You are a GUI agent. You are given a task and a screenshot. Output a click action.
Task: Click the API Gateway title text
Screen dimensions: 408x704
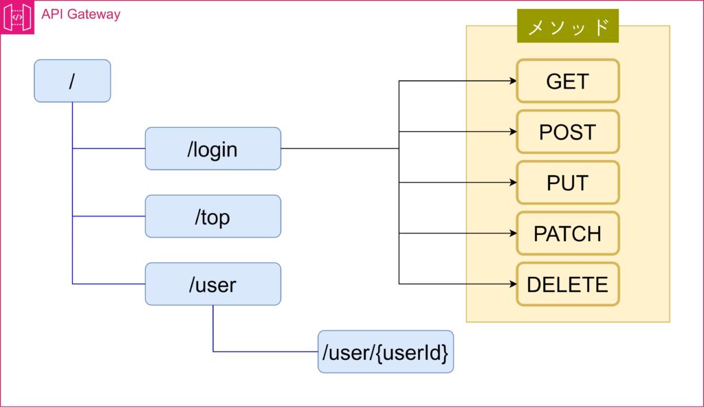pos(80,14)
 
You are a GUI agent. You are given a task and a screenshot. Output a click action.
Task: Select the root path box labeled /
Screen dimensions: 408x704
pos(72,81)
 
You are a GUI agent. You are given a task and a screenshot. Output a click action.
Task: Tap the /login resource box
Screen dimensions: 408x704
pos(212,148)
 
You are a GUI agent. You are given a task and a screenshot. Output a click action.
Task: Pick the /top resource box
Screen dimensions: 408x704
pos(212,216)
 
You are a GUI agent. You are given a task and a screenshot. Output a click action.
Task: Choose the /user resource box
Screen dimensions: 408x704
pos(212,284)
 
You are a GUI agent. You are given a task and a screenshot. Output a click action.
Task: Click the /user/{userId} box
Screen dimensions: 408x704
pos(385,352)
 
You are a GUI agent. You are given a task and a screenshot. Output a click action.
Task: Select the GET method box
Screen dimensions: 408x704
pos(567,81)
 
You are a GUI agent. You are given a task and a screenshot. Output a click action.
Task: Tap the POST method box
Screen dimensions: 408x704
pos(567,132)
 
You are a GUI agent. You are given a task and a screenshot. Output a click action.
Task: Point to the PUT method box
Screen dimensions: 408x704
pos(567,183)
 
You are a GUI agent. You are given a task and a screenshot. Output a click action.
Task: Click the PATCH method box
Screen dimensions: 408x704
pos(567,234)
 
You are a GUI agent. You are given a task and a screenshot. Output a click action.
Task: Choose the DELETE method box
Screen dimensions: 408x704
pos(567,284)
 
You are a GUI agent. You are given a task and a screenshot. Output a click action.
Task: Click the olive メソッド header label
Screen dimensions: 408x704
pos(567,26)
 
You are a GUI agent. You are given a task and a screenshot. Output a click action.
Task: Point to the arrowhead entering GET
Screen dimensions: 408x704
pos(512,81)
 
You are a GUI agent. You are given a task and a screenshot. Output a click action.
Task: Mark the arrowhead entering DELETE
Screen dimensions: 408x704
pos(512,284)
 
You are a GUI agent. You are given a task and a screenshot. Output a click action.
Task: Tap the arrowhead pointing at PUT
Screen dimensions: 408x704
pos(512,183)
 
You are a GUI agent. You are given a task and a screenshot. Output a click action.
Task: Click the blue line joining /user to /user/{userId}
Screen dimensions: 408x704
pos(265,352)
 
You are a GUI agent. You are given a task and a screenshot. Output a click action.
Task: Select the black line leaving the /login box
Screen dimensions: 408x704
pos(340,148)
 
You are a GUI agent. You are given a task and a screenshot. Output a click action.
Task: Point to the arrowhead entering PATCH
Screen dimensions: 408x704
pos(512,234)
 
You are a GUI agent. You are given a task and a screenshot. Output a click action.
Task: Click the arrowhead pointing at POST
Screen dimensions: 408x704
pos(512,132)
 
